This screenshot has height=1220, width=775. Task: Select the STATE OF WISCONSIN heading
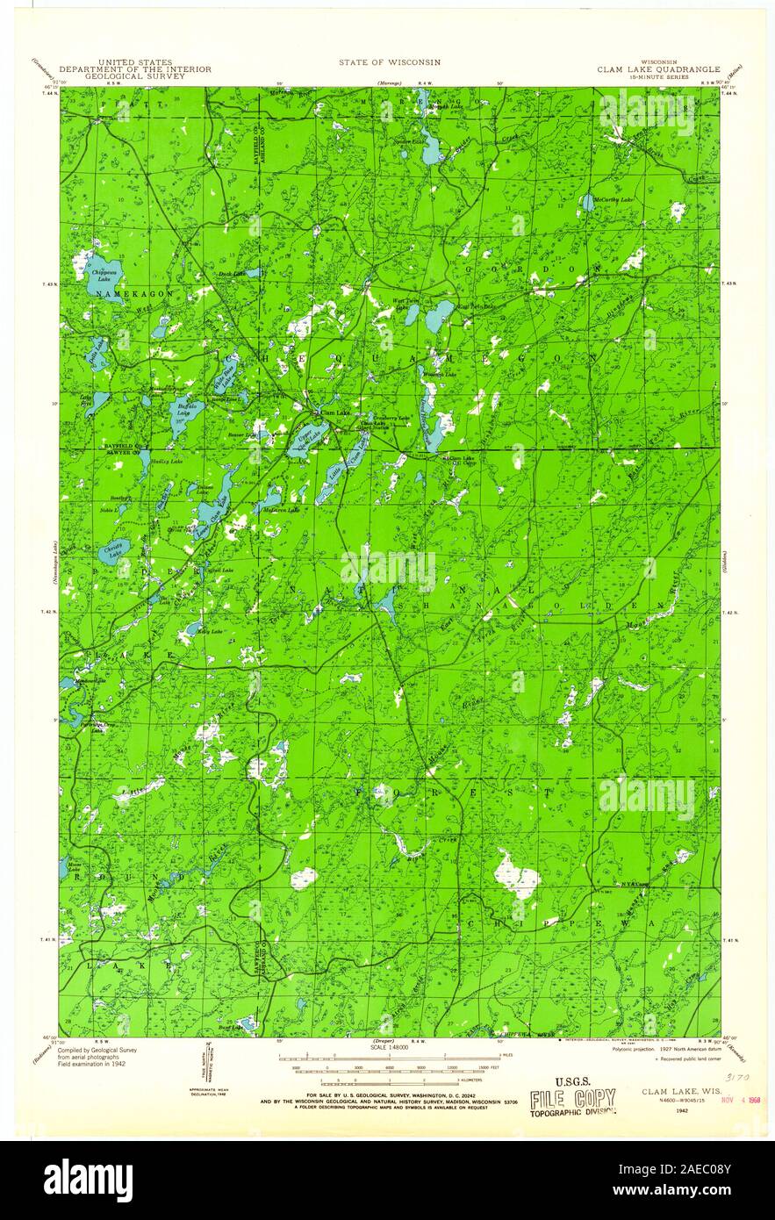(390, 62)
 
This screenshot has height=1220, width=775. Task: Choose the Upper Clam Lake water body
(307, 436)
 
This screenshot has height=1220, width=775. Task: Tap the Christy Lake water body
(112, 551)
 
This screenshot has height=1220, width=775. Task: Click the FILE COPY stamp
(571, 1097)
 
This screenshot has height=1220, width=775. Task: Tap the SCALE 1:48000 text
(390, 1048)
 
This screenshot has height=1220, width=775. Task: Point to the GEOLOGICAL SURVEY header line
(135, 76)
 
